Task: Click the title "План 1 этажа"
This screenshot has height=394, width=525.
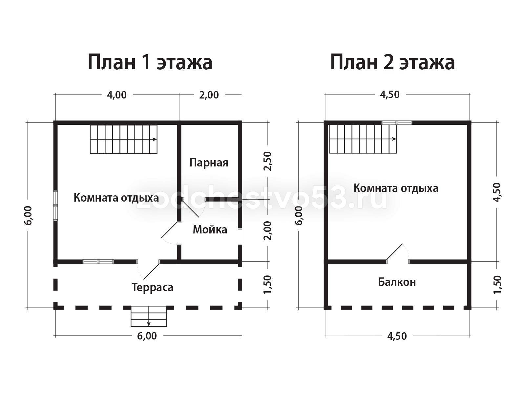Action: (x=150, y=62)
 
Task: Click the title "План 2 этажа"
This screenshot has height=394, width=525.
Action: (x=392, y=62)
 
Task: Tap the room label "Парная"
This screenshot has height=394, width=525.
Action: (x=209, y=163)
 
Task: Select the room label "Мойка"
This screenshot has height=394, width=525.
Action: (x=210, y=230)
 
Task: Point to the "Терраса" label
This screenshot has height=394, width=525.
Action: (x=152, y=287)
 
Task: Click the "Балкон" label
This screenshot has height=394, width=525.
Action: (x=397, y=282)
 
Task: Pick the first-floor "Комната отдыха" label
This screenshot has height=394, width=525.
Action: (x=116, y=198)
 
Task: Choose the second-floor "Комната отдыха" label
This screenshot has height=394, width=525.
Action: (x=396, y=188)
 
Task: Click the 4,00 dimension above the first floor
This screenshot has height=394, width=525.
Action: (x=117, y=95)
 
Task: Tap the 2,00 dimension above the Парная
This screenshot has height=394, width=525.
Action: (x=209, y=95)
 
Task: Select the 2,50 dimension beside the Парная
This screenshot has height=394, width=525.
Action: (x=268, y=161)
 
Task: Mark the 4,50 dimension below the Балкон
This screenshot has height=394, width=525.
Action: (x=397, y=336)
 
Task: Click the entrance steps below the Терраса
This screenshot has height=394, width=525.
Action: (x=149, y=316)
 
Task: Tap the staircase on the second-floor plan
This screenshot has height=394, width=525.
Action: (x=363, y=139)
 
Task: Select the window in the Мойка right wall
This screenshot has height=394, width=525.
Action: (x=240, y=236)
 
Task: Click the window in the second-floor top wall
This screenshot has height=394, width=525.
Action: (x=397, y=123)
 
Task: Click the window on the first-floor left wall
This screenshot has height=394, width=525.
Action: (x=55, y=205)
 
